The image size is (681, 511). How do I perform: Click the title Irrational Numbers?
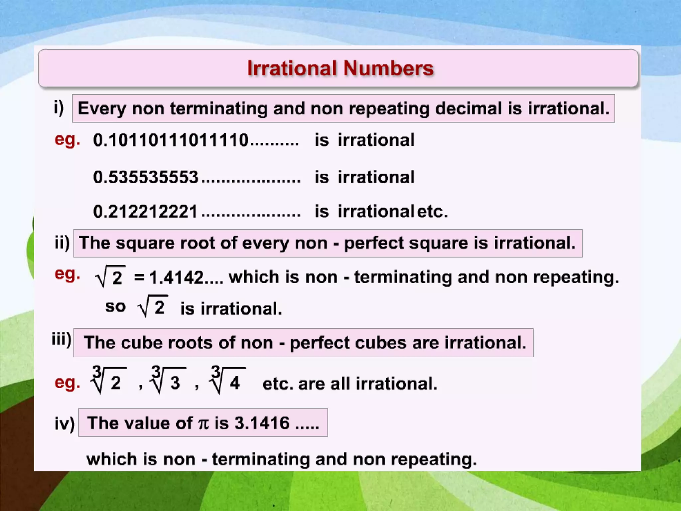[340, 69]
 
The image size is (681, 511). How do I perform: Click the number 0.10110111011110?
[171, 140]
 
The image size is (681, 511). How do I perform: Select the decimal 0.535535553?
[146, 177]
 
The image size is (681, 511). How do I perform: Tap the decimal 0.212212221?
[145, 212]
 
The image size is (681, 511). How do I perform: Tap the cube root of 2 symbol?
[109, 380]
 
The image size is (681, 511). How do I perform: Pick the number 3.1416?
[262, 423]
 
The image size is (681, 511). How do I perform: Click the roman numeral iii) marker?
[61, 340]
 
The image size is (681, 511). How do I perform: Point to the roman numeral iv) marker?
[65, 424]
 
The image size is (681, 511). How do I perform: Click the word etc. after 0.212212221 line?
[432, 212]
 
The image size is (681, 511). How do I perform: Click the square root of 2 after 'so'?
[153, 306]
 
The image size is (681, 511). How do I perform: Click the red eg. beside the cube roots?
[67, 383]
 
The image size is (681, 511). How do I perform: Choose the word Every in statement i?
[102, 109]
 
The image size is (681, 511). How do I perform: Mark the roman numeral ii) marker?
[62, 243]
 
